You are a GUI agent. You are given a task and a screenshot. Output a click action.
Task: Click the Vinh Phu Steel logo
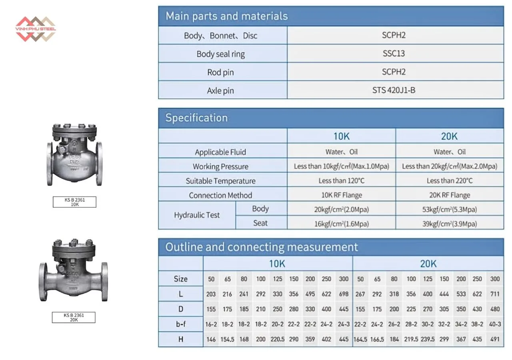pyautogui.click(x=35, y=29)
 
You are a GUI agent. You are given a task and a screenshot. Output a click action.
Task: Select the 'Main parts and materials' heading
pyautogui.click(x=226, y=16)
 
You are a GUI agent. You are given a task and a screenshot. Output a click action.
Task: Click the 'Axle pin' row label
pyautogui.click(x=220, y=91)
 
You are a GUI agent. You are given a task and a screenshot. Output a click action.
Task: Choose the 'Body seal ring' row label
pyautogui.click(x=220, y=54)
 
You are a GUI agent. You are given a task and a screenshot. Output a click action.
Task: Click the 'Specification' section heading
pyautogui.click(x=196, y=118)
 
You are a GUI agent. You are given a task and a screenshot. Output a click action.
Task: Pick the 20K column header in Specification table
pyautogui.click(x=449, y=136)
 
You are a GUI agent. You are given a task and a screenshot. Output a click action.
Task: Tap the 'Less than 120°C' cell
pyautogui.click(x=342, y=181)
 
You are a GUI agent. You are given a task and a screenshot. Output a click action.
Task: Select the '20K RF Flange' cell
pyautogui.click(x=449, y=195)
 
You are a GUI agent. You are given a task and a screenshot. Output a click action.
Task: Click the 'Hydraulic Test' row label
pyautogui.click(x=197, y=215)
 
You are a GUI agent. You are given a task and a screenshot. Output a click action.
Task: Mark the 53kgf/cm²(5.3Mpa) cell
pyautogui.click(x=449, y=209)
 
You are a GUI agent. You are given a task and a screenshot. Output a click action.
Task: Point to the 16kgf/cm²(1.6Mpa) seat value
pyautogui.click(x=342, y=224)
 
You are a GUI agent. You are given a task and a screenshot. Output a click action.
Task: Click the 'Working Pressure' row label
pyautogui.click(x=220, y=166)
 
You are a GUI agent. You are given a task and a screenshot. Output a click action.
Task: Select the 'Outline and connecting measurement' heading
pyautogui.click(x=262, y=247)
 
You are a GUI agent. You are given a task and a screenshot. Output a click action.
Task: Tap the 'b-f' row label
pyautogui.click(x=181, y=324)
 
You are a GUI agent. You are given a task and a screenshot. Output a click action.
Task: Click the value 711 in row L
pyautogui.click(x=495, y=294)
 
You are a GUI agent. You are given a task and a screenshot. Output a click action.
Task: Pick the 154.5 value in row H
pyautogui.click(x=227, y=339)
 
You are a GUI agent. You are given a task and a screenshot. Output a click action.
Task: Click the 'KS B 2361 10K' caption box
pyautogui.click(x=74, y=202)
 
